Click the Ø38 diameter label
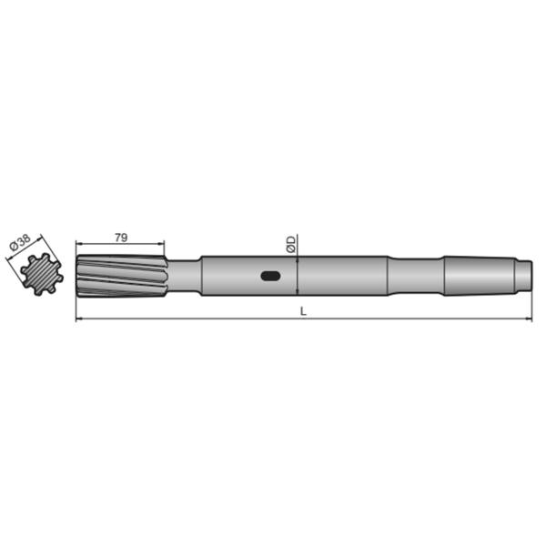[x=19, y=244]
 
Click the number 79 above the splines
[x=120, y=237]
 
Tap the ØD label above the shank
[x=290, y=244]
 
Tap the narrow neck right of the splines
[x=184, y=276]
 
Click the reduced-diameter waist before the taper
[x=416, y=275]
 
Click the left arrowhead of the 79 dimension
[x=79, y=244]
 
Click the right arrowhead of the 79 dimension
[x=162, y=244]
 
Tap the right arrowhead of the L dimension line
[x=527, y=319]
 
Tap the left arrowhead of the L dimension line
[x=79, y=319]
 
